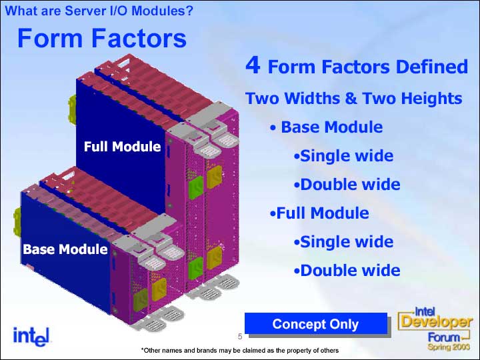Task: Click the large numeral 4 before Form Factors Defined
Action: coord(253,65)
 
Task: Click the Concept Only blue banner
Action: coord(315,323)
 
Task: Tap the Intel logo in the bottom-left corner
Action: coord(31,337)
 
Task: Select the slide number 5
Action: coord(240,337)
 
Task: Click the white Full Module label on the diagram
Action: coord(123,147)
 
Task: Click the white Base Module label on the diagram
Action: coord(65,249)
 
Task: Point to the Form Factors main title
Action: coord(102,38)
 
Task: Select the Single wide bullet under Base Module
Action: coord(343,156)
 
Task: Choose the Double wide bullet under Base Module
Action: coord(347,185)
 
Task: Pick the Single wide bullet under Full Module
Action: coord(343,242)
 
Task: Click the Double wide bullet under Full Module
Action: coord(347,271)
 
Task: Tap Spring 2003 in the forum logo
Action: coord(449,347)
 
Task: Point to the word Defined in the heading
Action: coord(431,67)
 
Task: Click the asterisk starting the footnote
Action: coord(143,349)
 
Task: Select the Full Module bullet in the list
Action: coord(319,213)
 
